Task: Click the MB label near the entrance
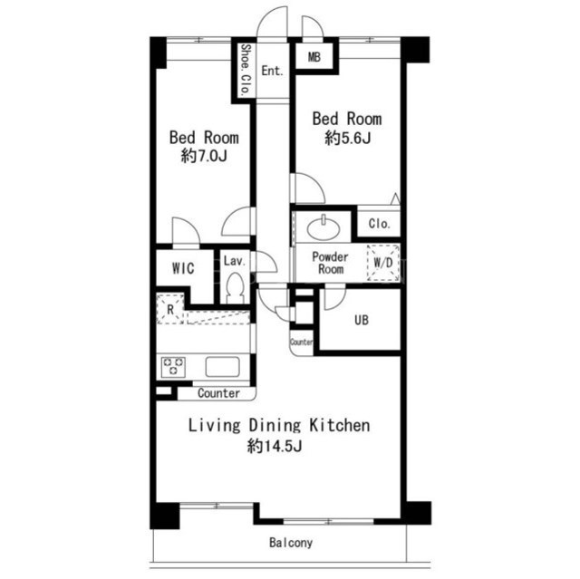[x=314, y=57]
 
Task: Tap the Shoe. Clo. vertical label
[x=246, y=71]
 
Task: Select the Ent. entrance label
[x=272, y=71]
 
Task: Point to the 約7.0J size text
[x=204, y=156]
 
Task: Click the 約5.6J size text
[x=347, y=138]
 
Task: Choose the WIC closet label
[x=183, y=268]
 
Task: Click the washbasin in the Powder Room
[x=323, y=228]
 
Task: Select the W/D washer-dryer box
[x=382, y=263]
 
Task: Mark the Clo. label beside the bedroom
[x=380, y=223]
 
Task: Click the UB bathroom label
[x=362, y=320]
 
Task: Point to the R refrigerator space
[x=170, y=309]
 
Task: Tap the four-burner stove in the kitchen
[x=173, y=366]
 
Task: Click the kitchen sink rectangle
[x=222, y=366]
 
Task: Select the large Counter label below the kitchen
[x=218, y=393]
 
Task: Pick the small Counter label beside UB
[x=302, y=342]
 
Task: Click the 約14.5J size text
[x=275, y=446]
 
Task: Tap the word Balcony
[x=291, y=543]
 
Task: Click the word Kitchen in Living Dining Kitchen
[x=340, y=425]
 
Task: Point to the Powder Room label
[x=330, y=263]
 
